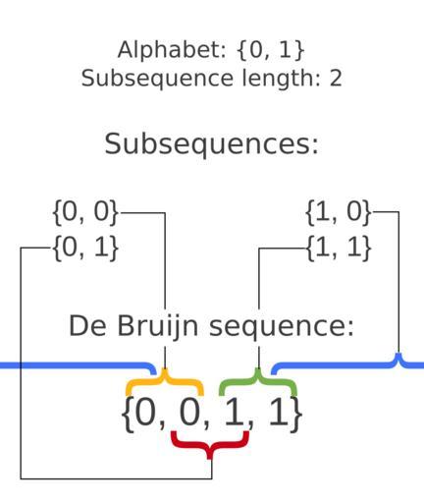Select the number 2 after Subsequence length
coord(336,79)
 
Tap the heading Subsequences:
coord(211,143)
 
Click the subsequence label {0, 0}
coord(85,212)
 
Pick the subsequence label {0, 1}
coord(85,248)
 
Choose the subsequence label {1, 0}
coord(339,212)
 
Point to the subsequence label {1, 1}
coord(339,248)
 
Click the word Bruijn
coord(157,326)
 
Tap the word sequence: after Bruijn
coord(282,327)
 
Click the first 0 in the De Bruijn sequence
coord(144,414)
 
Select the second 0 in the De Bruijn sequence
coord(189,414)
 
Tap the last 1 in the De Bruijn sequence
coord(280,414)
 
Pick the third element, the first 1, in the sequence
coord(235,414)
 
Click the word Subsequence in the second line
coord(157,79)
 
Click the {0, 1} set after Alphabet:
coord(270,50)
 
